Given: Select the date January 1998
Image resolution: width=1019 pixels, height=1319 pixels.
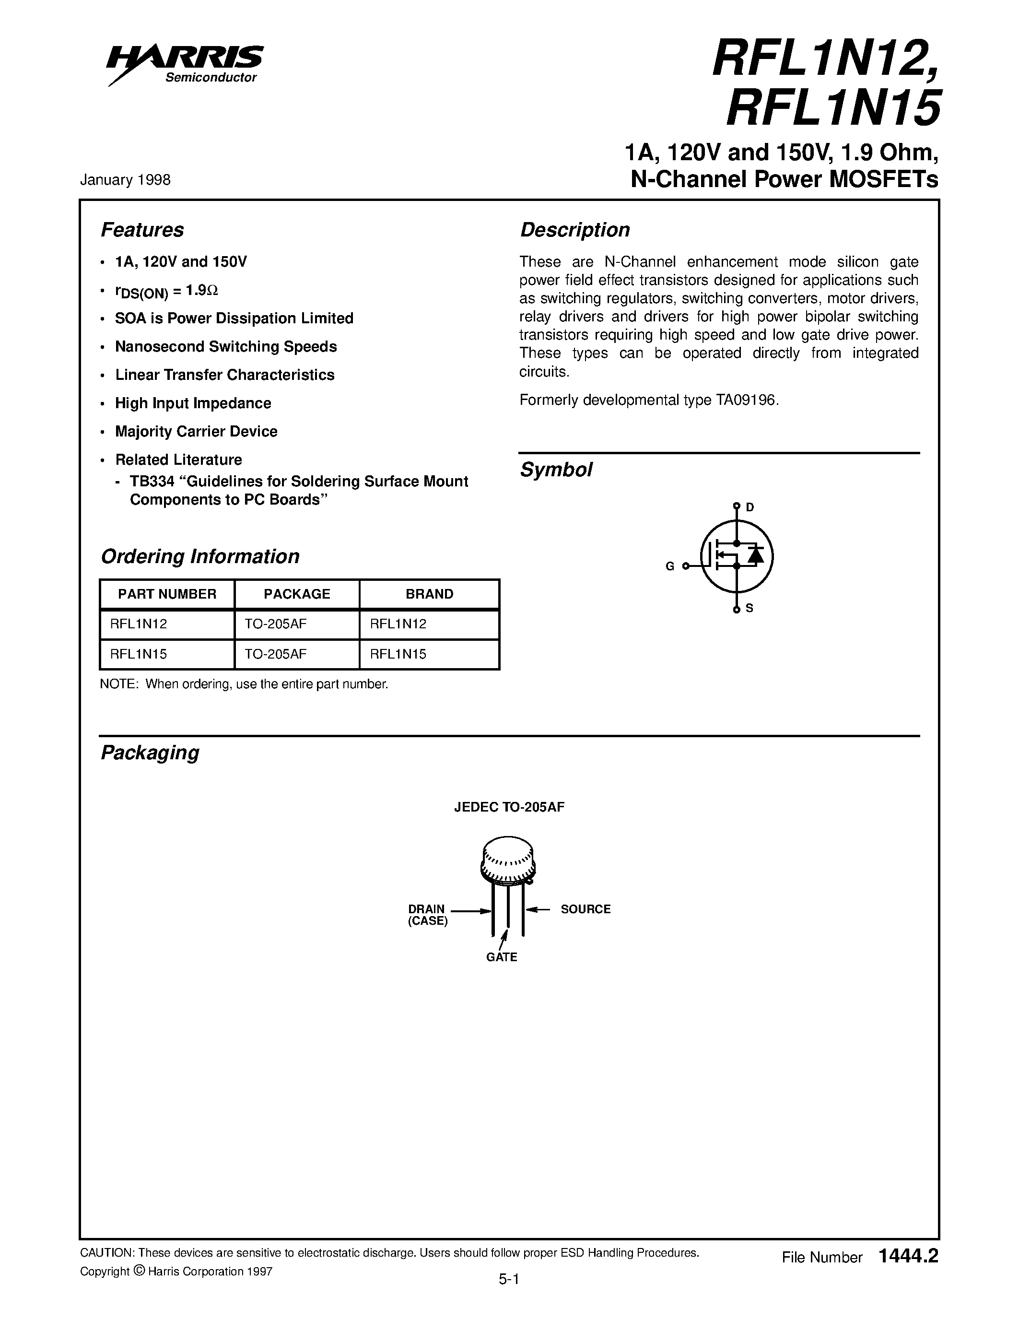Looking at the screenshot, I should (125, 180).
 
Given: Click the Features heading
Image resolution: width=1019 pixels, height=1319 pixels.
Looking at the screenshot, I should (142, 230).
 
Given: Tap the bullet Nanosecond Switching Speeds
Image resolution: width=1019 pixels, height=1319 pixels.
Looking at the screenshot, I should (226, 347).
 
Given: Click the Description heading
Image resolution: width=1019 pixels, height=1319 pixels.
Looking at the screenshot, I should (574, 230).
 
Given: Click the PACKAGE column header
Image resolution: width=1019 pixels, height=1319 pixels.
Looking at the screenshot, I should (296, 594).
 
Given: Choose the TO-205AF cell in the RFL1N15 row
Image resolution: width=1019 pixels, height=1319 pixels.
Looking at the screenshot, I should (275, 654).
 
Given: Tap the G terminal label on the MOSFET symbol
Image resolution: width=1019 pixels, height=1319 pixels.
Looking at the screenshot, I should (669, 566).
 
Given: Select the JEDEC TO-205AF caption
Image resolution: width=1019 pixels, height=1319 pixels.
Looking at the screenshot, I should (509, 807).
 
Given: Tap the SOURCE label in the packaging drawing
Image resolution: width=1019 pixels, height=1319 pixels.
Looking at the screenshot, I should (585, 909).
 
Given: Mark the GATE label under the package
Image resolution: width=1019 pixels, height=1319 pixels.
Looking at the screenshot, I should (501, 957).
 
